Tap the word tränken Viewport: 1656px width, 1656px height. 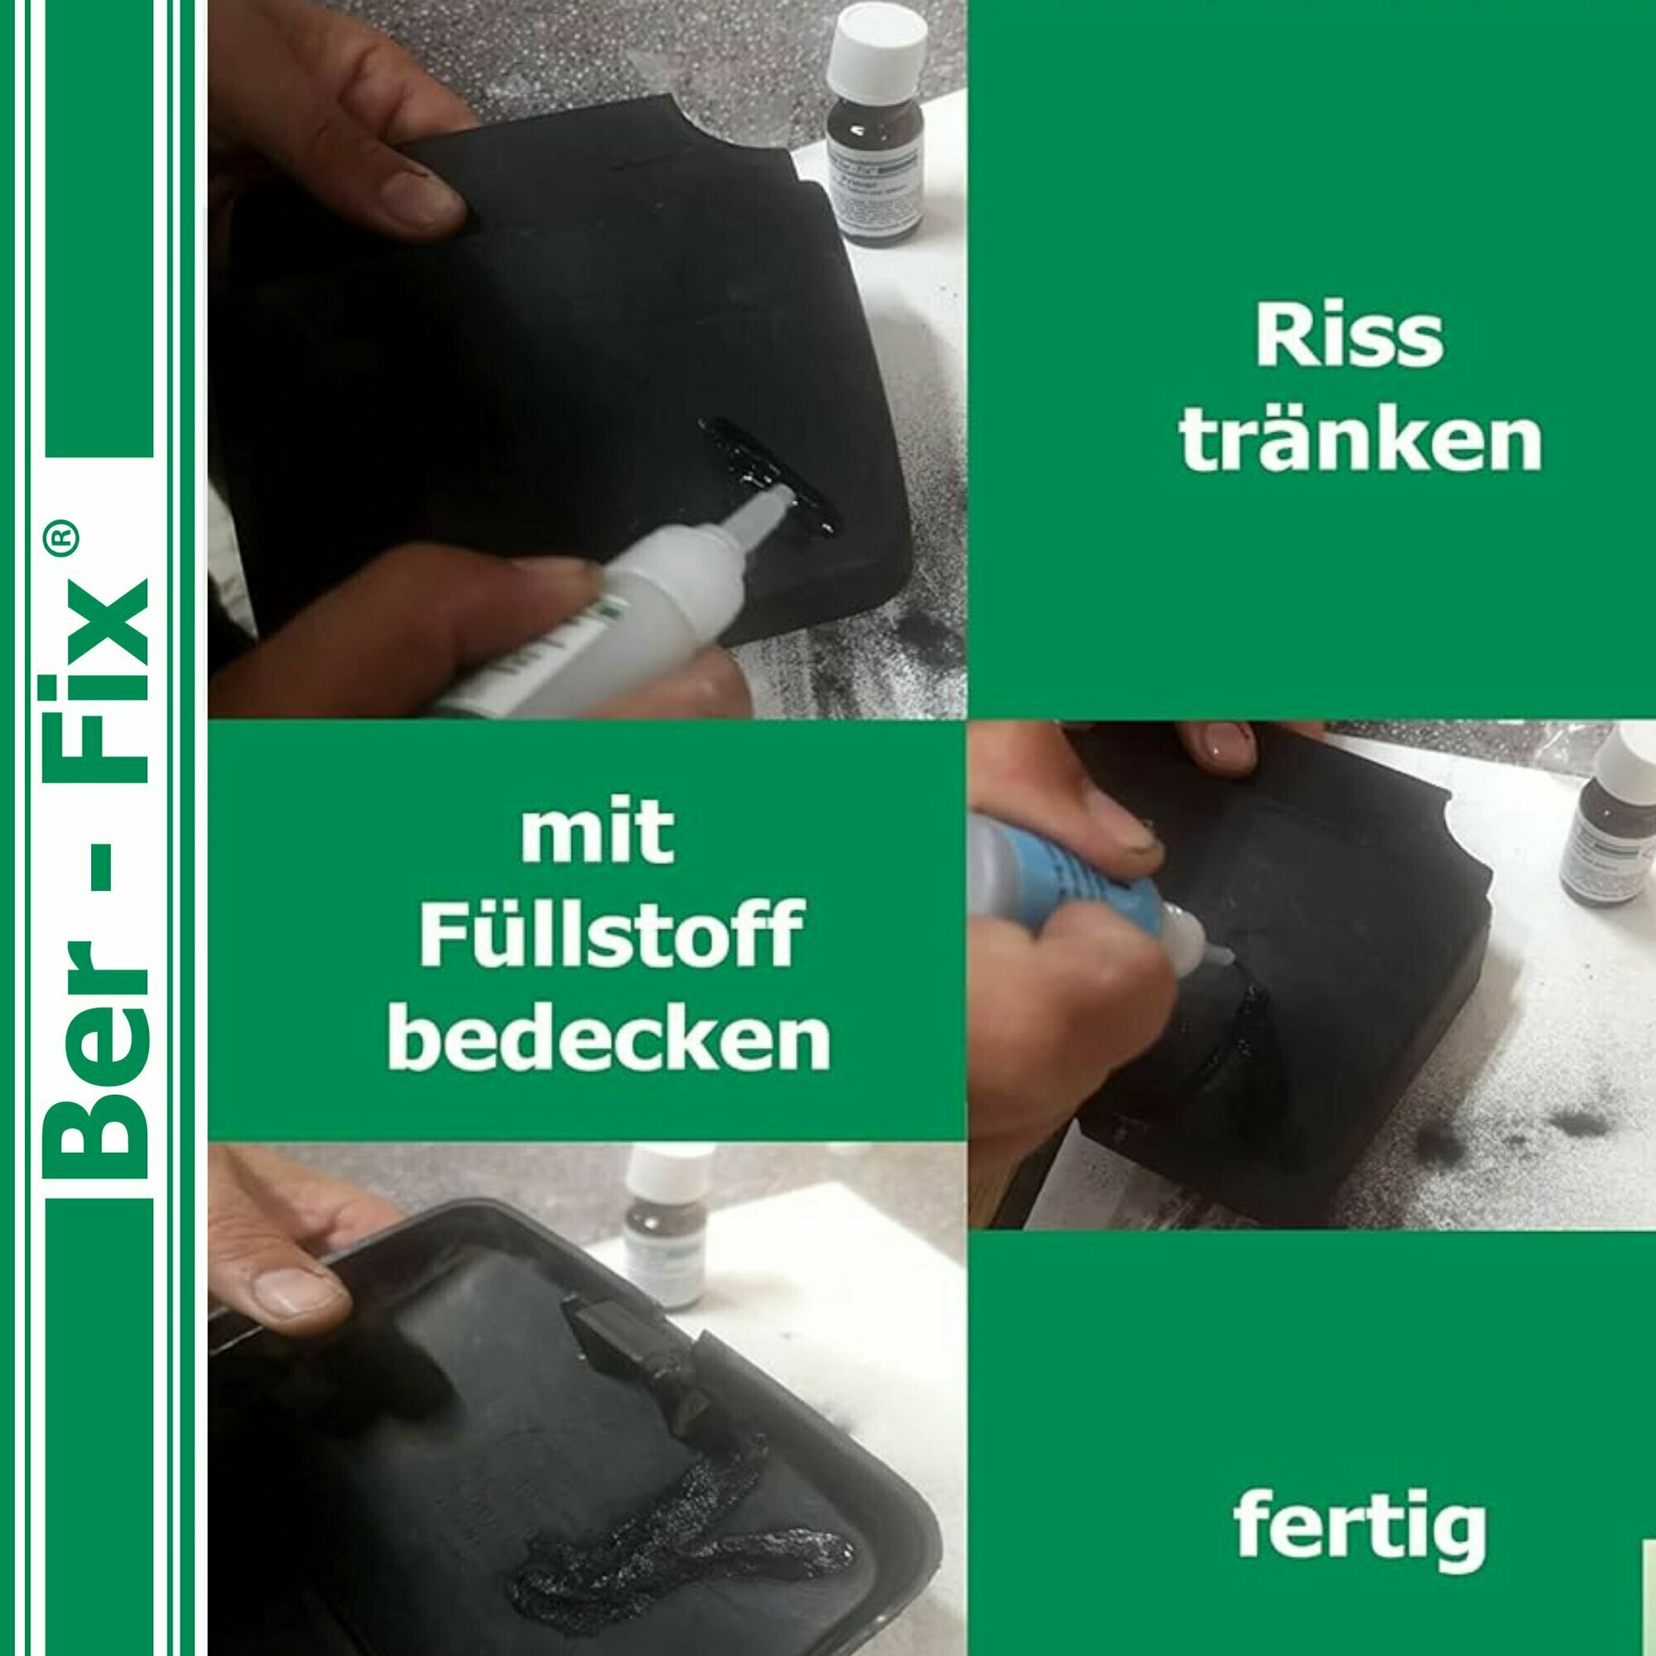point(1360,440)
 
